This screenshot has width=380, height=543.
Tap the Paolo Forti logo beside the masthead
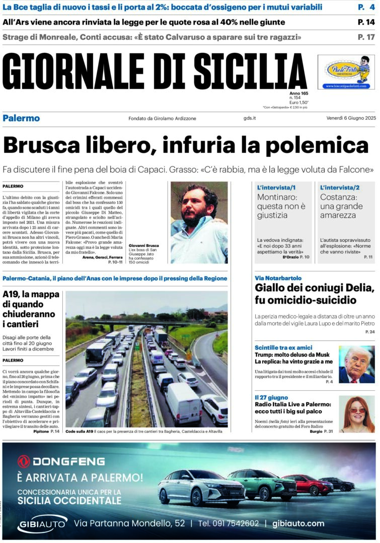(346, 72)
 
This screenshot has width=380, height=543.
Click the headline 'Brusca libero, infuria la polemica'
(186, 145)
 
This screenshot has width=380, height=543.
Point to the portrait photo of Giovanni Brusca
(199, 222)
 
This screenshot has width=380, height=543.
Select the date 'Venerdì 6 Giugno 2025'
(344, 118)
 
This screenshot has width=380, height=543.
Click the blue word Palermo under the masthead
(21, 118)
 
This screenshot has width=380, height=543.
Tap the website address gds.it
(250, 118)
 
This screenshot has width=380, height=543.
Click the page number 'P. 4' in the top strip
(366, 7)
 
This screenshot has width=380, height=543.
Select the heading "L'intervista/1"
(276, 188)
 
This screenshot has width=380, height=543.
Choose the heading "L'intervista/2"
(340, 188)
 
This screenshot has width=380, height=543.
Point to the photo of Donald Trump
(357, 364)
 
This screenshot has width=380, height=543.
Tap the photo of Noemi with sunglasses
(357, 414)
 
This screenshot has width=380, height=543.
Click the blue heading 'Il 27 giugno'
(271, 398)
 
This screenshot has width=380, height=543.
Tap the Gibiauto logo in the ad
(42, 524)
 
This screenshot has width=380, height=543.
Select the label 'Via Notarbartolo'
(278, 278)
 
